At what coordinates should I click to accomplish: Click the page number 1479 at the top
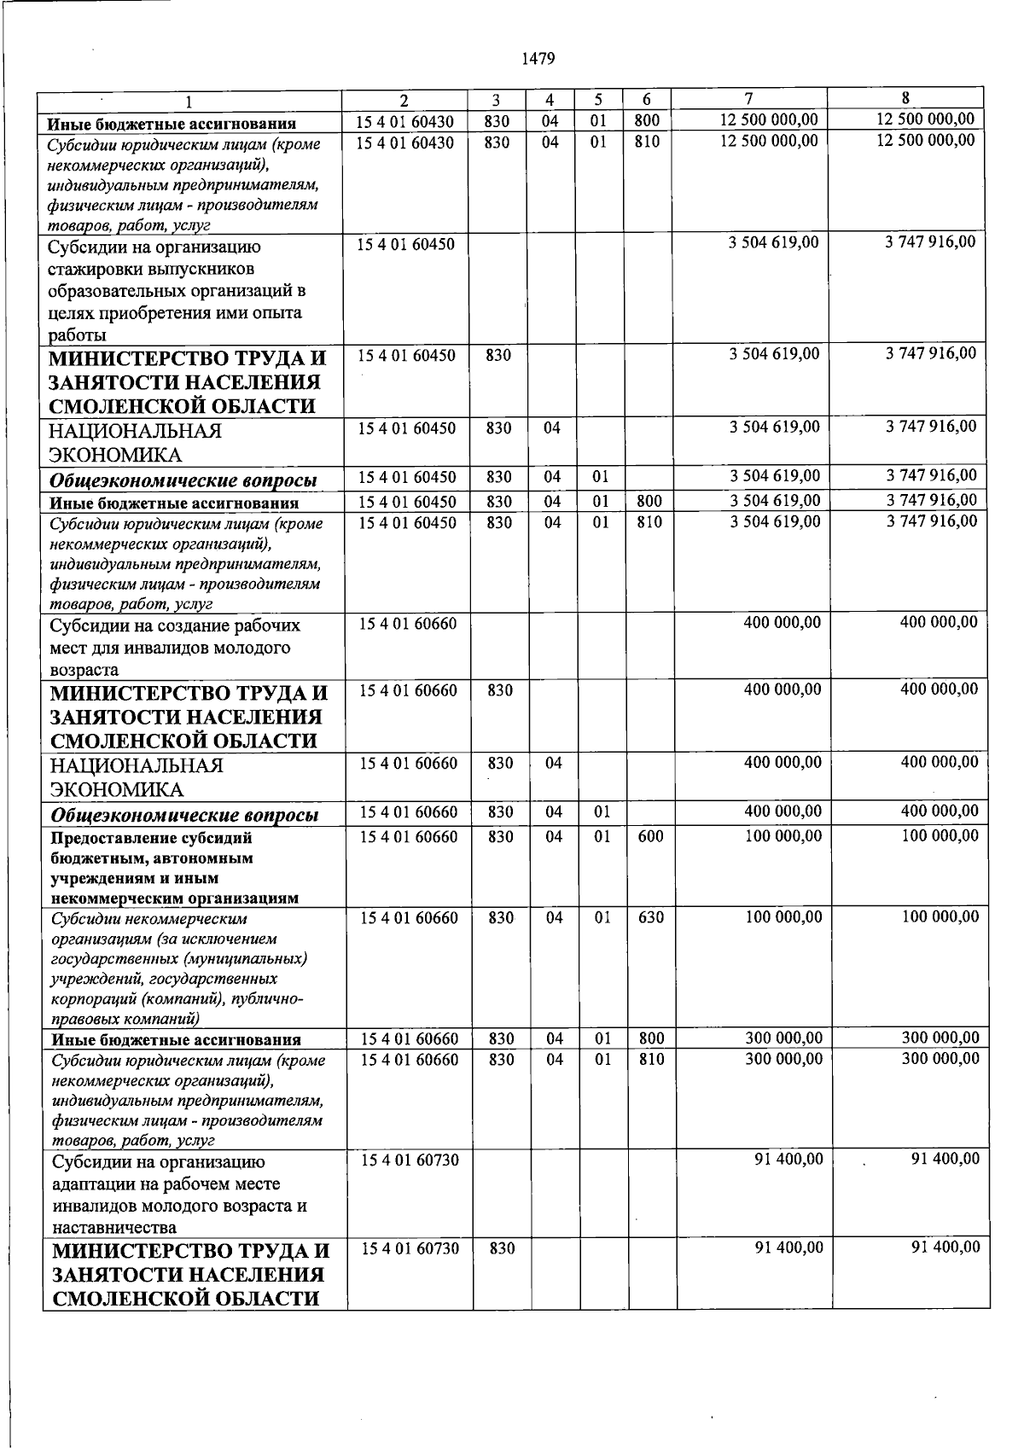click(537, 59)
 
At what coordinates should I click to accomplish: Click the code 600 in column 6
click(650, 837)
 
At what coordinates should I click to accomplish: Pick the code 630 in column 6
click(650, 918)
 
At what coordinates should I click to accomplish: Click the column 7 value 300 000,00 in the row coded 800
click(783, 1038)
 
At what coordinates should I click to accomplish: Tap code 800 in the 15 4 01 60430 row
click(647, 121)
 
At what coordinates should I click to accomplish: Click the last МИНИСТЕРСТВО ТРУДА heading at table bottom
click(189, 1275)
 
